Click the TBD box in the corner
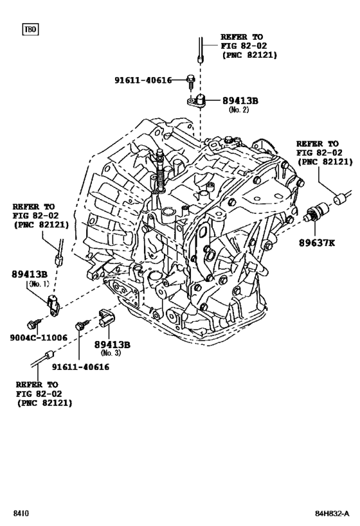click(x=30, y=30)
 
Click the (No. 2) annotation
click(x=239, y=110)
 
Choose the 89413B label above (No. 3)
click(x=113, y=345)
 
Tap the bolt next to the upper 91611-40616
click(x=191, y=80)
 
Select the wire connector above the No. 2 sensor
click(x=202, y=51)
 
